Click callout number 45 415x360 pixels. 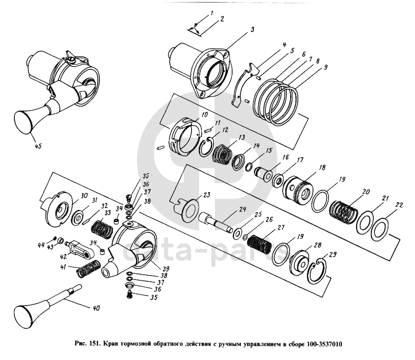[38, 146]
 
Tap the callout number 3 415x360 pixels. [253, 29]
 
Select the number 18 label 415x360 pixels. [323, 168]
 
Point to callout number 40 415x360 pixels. [97, 308]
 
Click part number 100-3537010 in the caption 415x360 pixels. [325, 344]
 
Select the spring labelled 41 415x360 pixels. [88, 269]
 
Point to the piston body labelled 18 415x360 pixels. [298, 190]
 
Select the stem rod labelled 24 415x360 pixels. [216, 220]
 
